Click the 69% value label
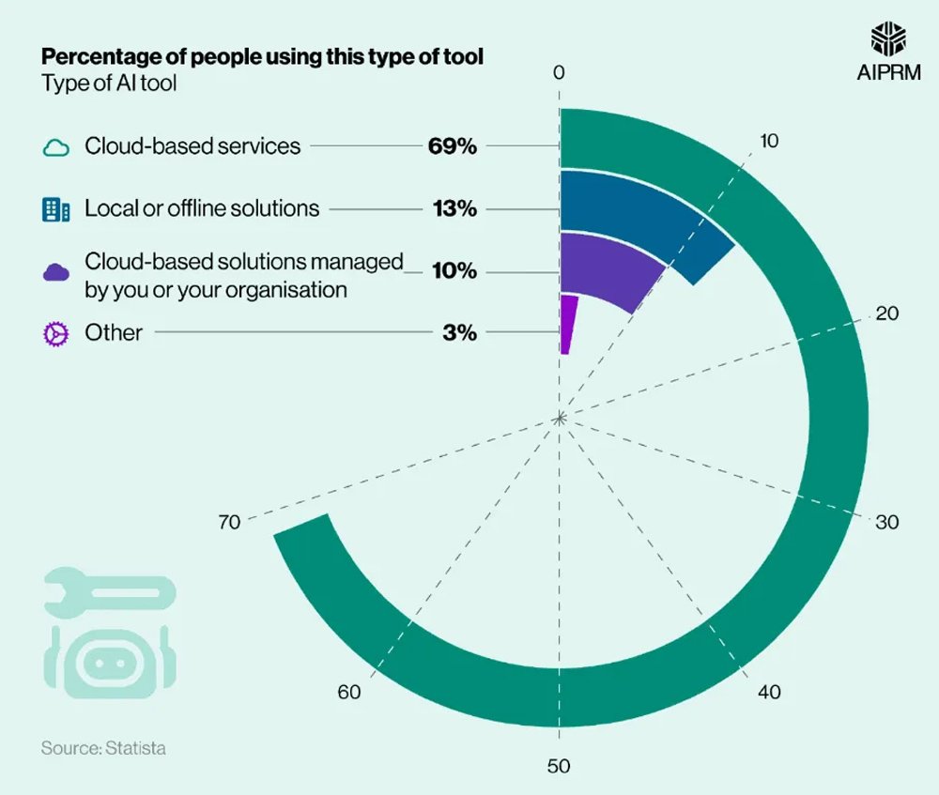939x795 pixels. tap(454, 146)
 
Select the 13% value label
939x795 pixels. tap(454, 208)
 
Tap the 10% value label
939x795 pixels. tap(454, 272)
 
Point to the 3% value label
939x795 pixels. tap(460, 332)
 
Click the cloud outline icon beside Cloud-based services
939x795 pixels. tap(56, 147)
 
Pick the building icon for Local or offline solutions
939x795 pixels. tap(56, 209)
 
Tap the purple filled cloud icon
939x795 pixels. tap(56, 272)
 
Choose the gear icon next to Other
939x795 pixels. tap(56, 333)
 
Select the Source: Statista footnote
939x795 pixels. tap(103, 748)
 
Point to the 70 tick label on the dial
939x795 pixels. tap(229, 523)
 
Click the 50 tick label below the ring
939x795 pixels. tap(559, 767)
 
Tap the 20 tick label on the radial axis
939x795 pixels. tap(886, 313)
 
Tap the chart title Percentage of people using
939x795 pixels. tap(262, 57)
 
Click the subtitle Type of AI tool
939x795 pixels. tap(109, 83)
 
